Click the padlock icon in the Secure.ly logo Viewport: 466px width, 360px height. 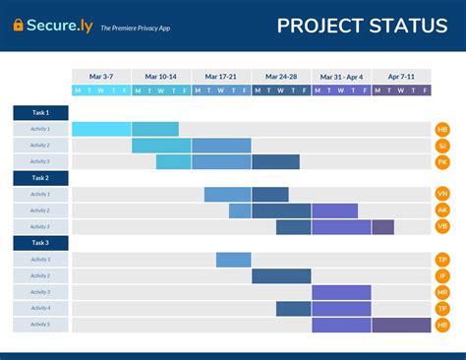[19, 26]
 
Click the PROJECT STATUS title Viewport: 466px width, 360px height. [362, 26]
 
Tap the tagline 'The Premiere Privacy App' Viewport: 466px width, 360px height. [136, 29]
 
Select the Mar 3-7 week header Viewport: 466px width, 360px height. [101, 76]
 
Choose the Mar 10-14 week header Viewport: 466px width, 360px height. [161, 76]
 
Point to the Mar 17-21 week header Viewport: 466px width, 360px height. [221, 76]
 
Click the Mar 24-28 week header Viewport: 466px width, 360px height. [281, 76]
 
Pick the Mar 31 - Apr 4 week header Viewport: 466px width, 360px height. [341, 76]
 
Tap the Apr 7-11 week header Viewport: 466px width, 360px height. [401, 76]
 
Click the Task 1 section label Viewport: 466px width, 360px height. [40, 113]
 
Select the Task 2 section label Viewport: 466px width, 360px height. [40, 178]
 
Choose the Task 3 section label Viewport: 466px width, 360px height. [40, 243]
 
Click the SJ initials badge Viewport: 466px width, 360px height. [442, 146]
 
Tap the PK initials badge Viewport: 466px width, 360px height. [442, 161]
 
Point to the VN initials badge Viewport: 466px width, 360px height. [442, 195]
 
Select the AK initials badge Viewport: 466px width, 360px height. [442, 210]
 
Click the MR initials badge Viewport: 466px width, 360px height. [442, 292]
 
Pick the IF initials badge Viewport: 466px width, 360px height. [442, 276]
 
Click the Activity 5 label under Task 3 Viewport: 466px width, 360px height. [40, 325]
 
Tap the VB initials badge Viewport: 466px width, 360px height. [442, 227]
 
